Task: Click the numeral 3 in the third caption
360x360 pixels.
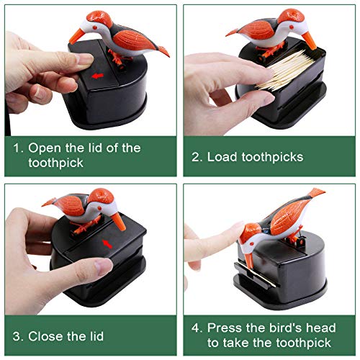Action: click(x=17, y=336)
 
